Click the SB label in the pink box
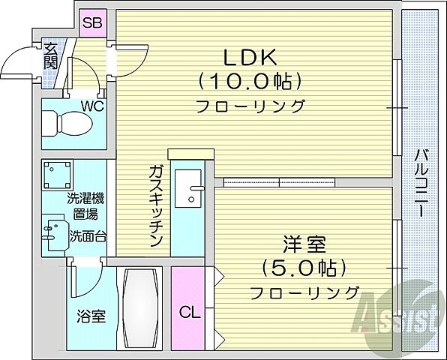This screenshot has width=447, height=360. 91,23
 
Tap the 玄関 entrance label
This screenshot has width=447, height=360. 51,57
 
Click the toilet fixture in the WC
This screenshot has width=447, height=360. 64,121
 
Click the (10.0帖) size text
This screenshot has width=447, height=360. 250,80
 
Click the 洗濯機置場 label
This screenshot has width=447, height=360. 85,206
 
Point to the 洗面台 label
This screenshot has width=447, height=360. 88,235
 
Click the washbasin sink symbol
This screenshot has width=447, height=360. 52,235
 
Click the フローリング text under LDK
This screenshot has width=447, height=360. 250,106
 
